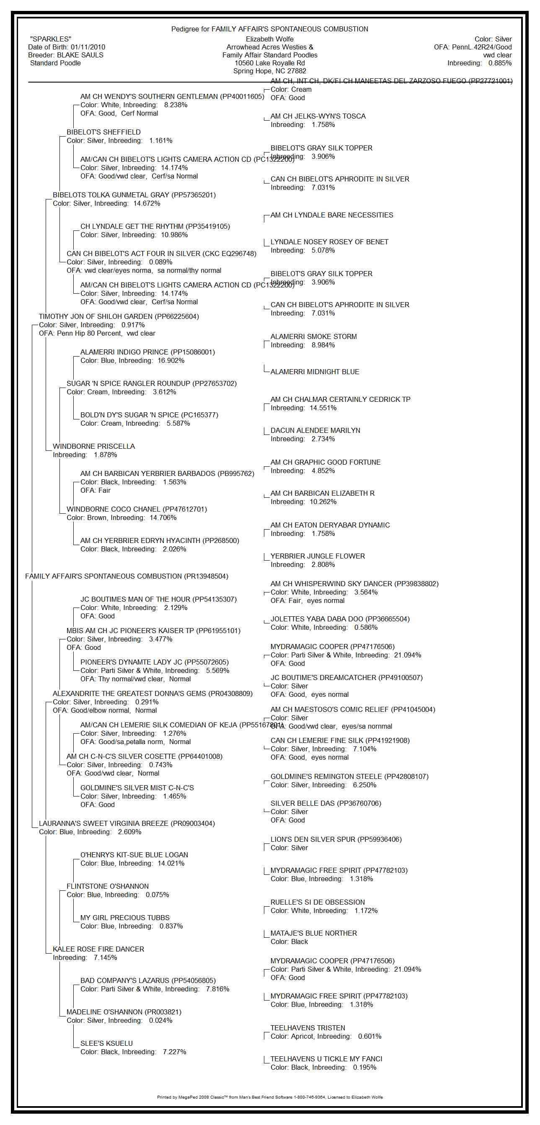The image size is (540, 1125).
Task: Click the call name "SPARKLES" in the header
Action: click(51, 39)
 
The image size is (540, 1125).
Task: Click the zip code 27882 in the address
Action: click(297, 71)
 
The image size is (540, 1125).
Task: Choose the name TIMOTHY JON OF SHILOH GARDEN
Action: click(95, 317)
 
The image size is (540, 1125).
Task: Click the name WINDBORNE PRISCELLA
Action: click(94, 446)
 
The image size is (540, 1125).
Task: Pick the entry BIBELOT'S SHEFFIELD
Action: click(103, 132)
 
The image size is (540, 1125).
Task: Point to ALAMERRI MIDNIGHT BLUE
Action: click(315, 372)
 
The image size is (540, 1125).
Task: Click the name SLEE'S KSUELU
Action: click(106, 1043)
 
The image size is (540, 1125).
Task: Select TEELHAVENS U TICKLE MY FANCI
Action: click(326, 1059)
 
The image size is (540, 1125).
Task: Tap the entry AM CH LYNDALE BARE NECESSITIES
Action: click(332, 215)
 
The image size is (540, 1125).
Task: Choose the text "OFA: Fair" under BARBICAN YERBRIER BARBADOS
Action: click(95, 491)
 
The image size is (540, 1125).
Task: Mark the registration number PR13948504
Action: click(206, 577)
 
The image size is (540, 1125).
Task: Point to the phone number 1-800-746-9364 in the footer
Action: click(307, 1097)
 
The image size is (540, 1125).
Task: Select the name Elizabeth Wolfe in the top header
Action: click(269, 39)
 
